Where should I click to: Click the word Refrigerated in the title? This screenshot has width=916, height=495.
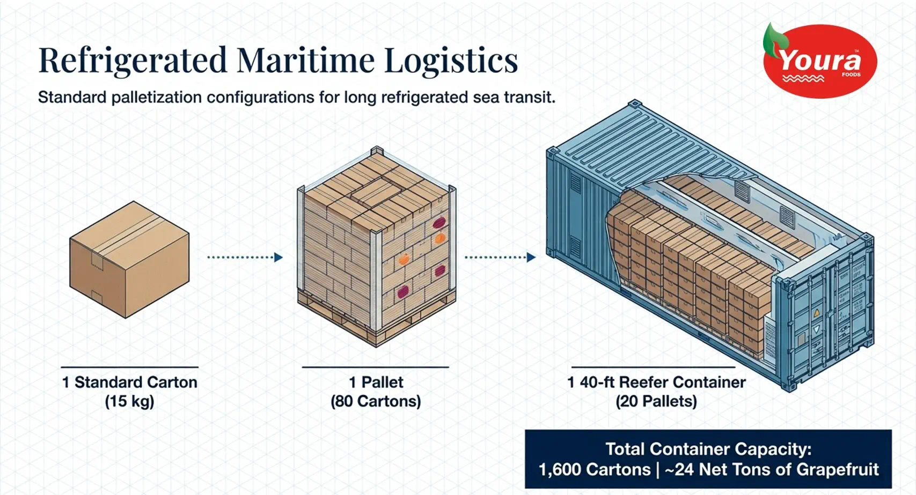[133, 61]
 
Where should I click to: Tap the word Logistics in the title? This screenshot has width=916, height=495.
[451, 61]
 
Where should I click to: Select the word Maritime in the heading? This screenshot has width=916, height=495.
[305, 60]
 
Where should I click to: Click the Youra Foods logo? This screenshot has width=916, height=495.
[819, 61]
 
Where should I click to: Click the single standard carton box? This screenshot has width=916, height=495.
[129, 259]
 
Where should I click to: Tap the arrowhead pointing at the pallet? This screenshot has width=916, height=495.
[279, 257]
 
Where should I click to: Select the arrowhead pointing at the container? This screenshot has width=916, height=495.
[531, 257]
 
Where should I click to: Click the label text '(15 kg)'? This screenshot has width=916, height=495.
[130, 401]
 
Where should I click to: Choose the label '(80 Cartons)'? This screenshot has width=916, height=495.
[376, 401]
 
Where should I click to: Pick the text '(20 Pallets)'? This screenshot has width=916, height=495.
[656, 401]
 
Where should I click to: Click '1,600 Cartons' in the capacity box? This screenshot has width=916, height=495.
[595, 470]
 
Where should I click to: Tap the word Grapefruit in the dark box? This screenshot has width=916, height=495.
[838, 470]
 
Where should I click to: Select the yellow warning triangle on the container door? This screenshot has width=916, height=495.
[817, 313]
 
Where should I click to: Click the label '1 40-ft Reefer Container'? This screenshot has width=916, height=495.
[656, 382]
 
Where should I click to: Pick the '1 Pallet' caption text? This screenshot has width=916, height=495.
[376, 382]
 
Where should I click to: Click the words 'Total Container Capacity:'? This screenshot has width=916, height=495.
[708, 449]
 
